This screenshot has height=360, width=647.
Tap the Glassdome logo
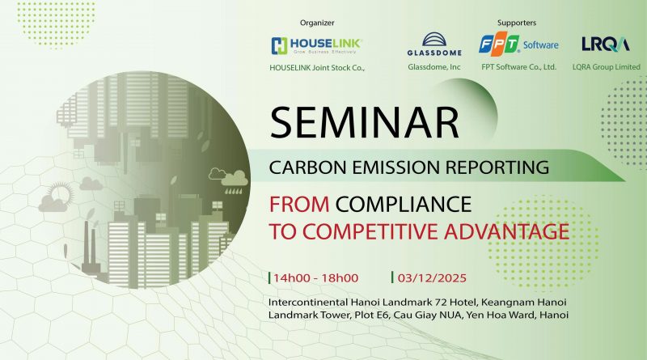tap(433, 44)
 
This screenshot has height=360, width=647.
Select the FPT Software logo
tap(518, 44)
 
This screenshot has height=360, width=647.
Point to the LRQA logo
tap(599, 44)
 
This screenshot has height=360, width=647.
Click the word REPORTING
tap(497, 168)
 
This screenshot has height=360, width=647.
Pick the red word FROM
tap(300, 203)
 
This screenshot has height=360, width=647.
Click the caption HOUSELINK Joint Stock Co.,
tap(317, 68)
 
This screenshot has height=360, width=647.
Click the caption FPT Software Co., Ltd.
tap(518, 68)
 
